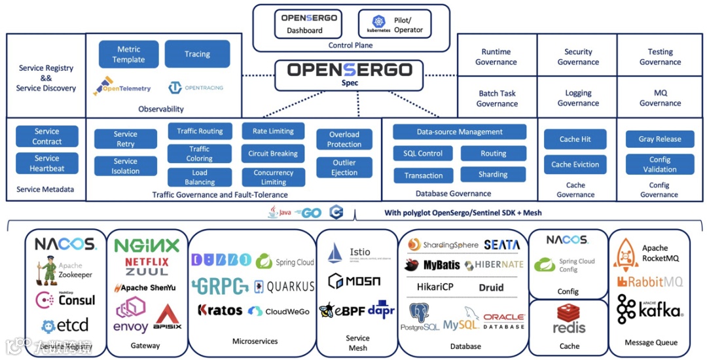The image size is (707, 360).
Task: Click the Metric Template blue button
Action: pos(128,54)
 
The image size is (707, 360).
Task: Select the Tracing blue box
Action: pos(197,54)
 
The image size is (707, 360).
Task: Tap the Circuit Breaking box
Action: pos(273,154)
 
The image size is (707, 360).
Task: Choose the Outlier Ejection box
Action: pos(344,168)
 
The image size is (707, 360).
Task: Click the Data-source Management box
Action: pos(460,132)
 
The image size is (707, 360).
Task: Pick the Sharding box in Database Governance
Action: pos(493,175)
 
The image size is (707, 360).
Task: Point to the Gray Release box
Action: pos(660,139)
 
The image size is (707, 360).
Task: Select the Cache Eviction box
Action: pos(575,165)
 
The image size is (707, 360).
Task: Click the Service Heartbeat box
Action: pos(47,163)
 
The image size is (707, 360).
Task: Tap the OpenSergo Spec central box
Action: pos(350,74)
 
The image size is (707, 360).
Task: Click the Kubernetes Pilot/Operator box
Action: pos(395,24)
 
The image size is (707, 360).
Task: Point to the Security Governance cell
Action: pos(578,57)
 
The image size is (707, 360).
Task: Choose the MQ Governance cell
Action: pos(660,98)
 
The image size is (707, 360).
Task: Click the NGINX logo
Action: pos(147,246)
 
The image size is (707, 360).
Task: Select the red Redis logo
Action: pos(569,319)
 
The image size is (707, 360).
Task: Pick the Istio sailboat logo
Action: pos(335,253)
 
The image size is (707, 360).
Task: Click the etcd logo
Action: pos(64,325)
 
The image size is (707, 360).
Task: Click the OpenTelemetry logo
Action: pos(122,87)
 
